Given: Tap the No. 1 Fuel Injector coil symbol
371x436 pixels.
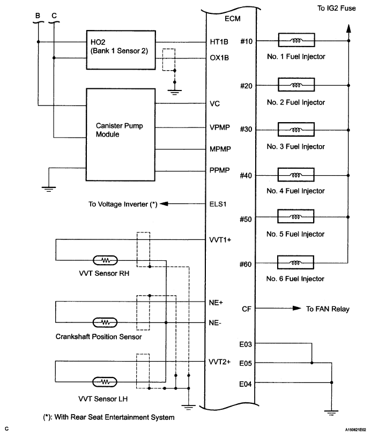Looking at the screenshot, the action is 296,40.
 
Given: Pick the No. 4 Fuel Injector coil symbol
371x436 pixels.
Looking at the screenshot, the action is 296,175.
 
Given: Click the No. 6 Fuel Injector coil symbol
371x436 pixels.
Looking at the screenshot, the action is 295,262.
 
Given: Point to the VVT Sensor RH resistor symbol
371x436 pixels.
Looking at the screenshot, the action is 105,260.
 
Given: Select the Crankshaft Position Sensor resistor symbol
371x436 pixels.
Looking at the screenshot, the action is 105,322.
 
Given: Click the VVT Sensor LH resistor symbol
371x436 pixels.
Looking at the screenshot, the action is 105,382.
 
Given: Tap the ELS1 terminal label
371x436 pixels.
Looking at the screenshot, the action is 218,204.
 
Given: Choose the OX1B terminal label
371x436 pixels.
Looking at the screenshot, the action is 219,58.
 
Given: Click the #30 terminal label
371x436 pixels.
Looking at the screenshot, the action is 246,129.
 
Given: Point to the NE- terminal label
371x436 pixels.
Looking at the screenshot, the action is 215,323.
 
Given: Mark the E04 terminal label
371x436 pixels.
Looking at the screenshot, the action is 246,384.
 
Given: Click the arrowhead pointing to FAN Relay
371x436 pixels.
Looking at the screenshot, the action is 297,308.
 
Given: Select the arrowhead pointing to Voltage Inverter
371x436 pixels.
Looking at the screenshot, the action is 164,204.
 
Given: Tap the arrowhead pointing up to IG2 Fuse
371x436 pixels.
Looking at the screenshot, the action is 348,28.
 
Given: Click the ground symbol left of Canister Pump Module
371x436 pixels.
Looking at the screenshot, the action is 49,189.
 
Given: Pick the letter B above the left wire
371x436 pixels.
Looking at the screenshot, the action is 38,16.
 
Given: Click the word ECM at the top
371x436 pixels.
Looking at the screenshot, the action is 232,19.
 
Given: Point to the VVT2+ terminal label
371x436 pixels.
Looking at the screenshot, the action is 220,362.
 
